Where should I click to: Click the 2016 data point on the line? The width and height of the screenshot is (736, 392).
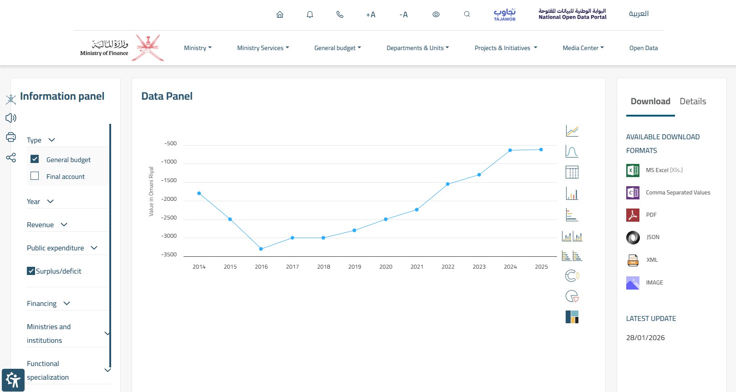click(261, 249)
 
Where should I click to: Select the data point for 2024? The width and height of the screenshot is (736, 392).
click(510, 150)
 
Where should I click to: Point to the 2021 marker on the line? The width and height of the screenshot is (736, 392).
click(417, 209)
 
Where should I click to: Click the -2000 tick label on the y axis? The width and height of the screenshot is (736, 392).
click(169, 199)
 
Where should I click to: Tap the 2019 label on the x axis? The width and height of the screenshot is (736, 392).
click(354, 266)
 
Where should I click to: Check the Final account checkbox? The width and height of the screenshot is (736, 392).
click(35, 176)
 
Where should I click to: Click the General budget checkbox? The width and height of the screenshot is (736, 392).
click(35, 159)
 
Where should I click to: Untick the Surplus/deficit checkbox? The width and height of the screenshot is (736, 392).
click(31, 271)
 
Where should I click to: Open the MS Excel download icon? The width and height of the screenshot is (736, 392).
click(633, 170)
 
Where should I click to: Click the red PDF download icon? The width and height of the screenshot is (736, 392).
click(633, 215)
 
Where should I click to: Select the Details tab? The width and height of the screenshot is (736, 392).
click(693, 101)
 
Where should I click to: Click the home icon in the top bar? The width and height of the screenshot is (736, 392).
click(280, 15)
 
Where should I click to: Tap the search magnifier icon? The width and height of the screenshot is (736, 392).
click(466, 14)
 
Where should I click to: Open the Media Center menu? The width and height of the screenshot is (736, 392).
click(583, 48)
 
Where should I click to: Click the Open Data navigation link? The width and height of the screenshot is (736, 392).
click(644, 48)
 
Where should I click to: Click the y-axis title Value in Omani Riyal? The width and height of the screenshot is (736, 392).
click(151, 191)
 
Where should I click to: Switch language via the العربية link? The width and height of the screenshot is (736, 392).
click(639, 14)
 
